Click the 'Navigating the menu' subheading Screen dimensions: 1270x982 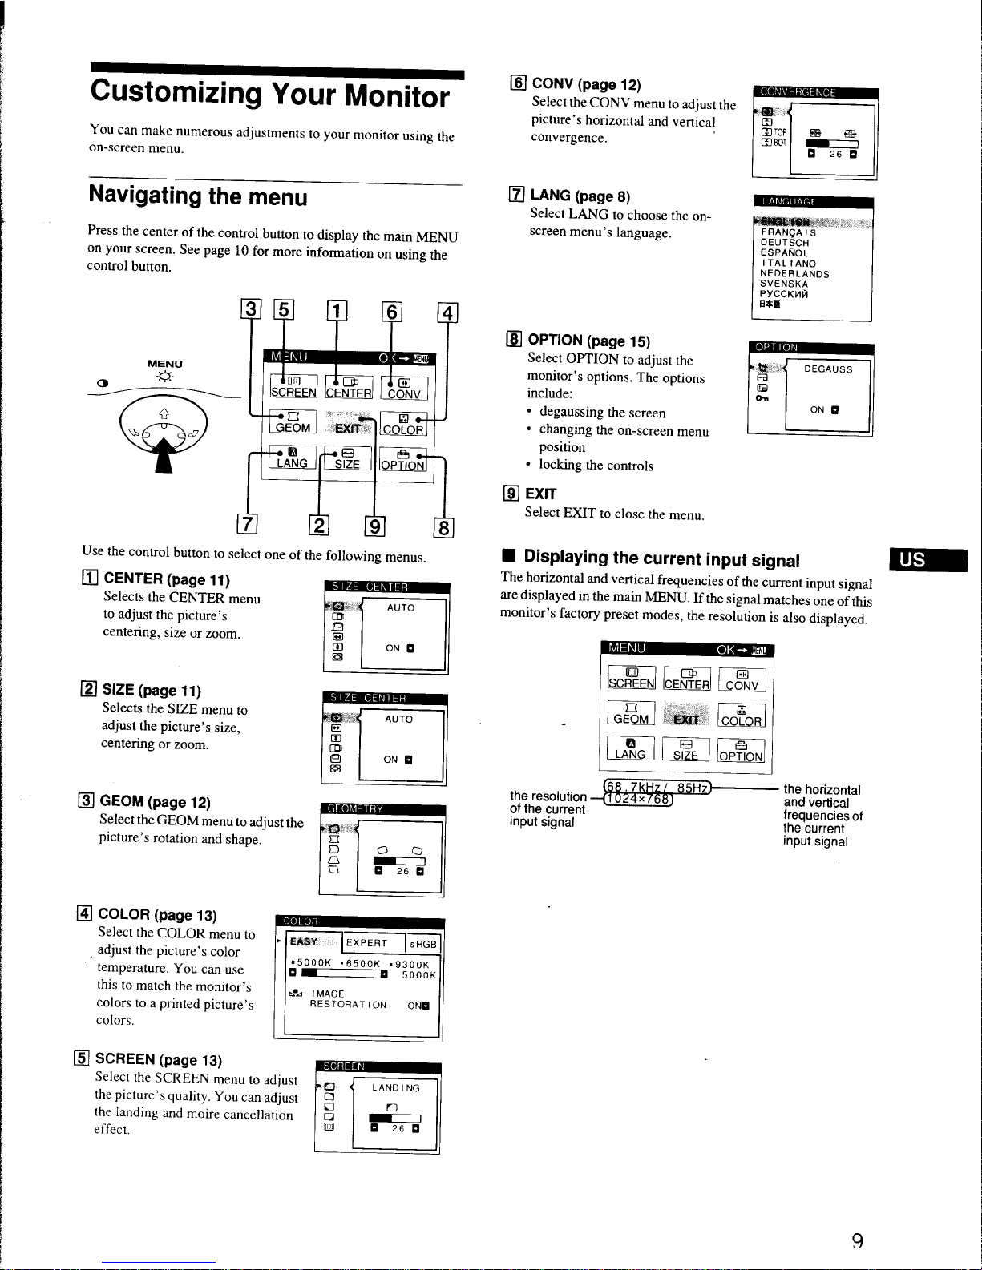[x=197, y=196]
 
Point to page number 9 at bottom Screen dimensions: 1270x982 [x=856, y=1241]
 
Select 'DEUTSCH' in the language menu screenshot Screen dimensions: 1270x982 [x=784, y=242]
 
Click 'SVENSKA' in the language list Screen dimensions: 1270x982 [x=783, y=284]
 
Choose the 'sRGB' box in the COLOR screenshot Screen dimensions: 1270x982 [x=422, y=944]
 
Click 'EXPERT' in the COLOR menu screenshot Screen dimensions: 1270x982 [x=366, y=944]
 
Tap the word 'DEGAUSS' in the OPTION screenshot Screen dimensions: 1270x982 [x=828, y=369]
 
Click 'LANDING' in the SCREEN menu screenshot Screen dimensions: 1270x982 [x=395, y=1088]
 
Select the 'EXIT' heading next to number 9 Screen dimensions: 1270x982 [x=540, y=494]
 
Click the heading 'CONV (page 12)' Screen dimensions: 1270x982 [x=586, y=84]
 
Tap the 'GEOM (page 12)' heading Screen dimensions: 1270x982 [x=155, y=802]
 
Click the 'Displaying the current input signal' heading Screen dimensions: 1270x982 [x=661, y=558]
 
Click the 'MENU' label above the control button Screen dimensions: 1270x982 [x=164, y=364]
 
